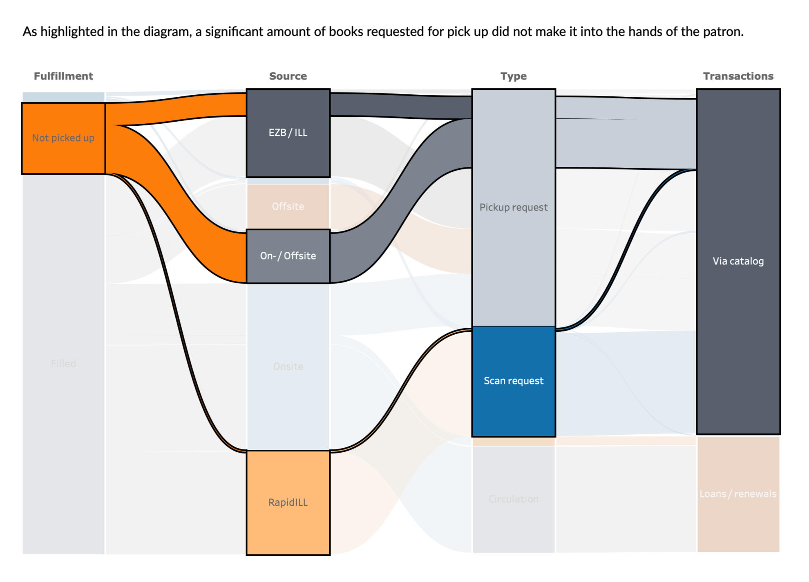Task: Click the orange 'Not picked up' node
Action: [x=63, y=138]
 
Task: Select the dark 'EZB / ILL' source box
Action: [x=288, y=133]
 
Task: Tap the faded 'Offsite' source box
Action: [x=288, y=206]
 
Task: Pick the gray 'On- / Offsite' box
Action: [x=288, y=256]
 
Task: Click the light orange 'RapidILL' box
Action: [x=288, y=502]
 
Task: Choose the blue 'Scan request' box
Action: [x=514, y=381]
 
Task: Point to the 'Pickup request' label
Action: [x=514, y=207]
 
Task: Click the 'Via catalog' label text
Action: [x=738, y=261]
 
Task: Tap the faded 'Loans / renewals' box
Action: [x=738, y=494]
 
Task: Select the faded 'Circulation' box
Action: [x=514, y=499]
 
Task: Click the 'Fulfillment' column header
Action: [x=63, y=76]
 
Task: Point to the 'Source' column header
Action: [x=288, y=76]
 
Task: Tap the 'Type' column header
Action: [x=514, y=76]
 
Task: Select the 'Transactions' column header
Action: [x=738, y=76]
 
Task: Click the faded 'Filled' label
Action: [x=63, y=363]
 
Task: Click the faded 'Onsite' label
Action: [x=288, y=366]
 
